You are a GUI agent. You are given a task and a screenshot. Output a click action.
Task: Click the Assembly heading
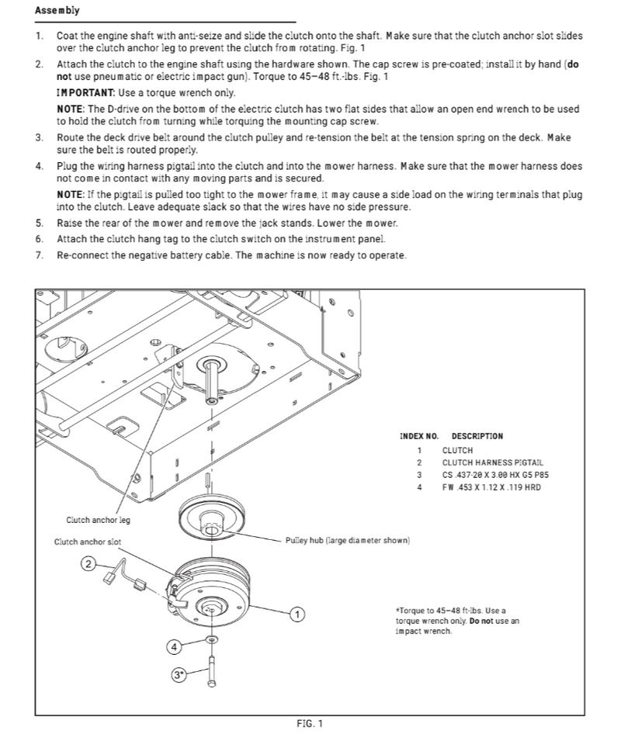57,10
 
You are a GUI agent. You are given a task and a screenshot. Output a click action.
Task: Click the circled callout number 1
297,615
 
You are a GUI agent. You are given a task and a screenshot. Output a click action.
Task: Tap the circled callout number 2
88,563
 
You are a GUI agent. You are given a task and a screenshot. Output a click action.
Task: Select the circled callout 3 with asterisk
179,675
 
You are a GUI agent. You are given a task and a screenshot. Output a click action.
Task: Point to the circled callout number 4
174,647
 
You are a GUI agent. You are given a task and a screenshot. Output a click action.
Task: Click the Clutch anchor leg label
99,520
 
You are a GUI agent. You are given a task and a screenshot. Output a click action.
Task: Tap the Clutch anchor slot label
88,542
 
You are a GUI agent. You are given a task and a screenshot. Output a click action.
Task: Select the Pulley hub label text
348,541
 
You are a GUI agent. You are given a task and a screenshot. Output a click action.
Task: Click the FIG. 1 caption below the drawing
310,724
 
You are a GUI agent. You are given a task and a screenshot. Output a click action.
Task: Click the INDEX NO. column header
419,436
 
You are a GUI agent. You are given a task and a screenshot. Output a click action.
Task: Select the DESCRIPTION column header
477,436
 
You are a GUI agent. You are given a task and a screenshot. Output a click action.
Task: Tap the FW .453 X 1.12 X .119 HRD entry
491,487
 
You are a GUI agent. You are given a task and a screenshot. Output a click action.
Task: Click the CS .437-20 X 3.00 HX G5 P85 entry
495,475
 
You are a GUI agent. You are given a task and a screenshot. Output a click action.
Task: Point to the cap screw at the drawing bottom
211,672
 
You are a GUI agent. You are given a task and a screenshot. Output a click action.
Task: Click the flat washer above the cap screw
212,639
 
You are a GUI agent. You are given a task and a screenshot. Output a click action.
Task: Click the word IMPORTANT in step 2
85,92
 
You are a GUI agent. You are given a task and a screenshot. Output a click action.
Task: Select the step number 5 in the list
39,223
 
